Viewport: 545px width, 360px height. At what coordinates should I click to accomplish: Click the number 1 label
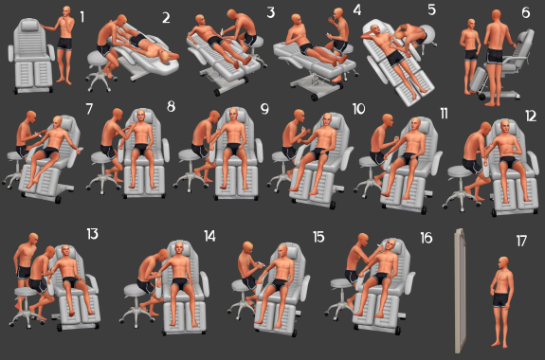[82, 17]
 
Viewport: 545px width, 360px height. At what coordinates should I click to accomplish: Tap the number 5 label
[431, 10]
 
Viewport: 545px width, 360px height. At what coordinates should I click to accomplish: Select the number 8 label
[171, 106]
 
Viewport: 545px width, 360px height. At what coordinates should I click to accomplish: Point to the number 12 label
[531, 117]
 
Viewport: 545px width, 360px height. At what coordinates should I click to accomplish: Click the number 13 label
[93, 234]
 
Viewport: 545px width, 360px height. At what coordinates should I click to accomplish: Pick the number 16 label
[427, 238]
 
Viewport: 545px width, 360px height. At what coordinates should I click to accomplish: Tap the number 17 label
[521, 241]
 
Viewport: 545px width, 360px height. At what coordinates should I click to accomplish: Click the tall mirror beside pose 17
[460, 290]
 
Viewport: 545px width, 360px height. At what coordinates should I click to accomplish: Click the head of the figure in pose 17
[503, 263]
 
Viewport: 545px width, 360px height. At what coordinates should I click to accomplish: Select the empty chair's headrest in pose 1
[30, 25]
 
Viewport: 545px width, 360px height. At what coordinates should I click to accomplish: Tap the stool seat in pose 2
[97, 58]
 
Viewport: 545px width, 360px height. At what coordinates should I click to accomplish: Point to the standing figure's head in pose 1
[66, 11]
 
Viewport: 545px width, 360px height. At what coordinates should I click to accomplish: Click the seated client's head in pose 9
[233, 115]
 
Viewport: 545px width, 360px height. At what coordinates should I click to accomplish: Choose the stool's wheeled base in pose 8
[103, 184]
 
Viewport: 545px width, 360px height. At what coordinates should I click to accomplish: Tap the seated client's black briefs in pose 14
[180, 283]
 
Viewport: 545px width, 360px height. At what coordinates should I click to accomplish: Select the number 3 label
[271, 12]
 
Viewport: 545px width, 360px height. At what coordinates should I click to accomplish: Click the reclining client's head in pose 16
[391, 245]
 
